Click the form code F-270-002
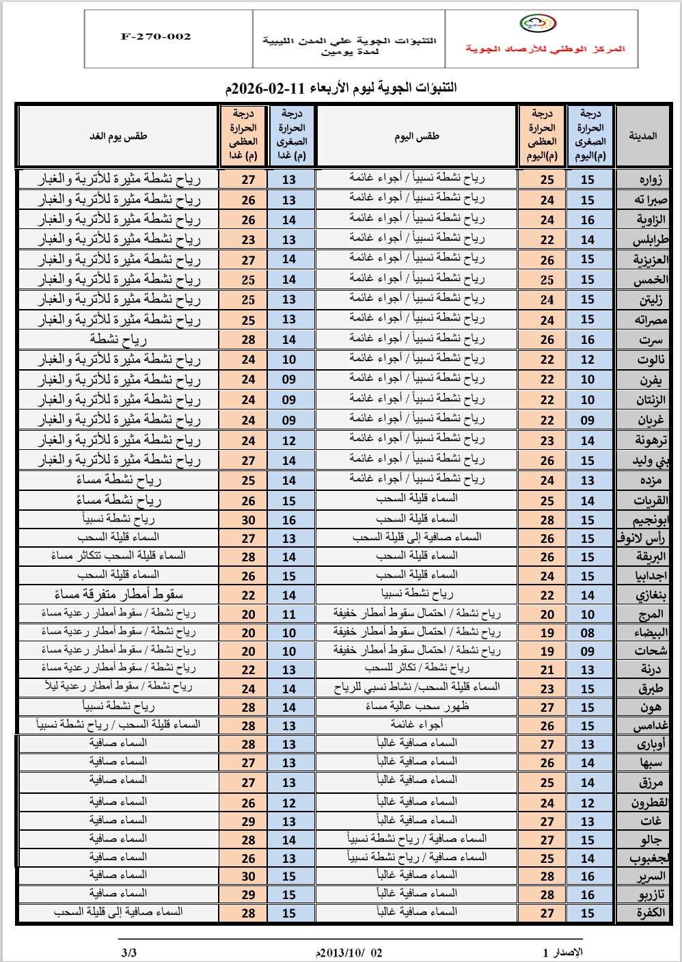coord(156,37)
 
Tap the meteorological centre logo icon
coord(538,24)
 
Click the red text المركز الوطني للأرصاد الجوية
coord(545,49)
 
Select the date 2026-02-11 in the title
coord(267,88)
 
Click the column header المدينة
coord(642,136)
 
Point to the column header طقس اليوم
coord(416,137)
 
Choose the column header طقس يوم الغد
coord(118,136)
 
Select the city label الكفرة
coord(649,913)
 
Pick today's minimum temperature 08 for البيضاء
coord(588,633)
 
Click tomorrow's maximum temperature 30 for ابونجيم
coord(248,520)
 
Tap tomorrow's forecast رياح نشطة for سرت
coord(118,339)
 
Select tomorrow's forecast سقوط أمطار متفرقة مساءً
coord(118,594)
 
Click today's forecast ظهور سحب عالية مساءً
coord(417,706)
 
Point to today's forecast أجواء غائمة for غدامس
coord(417,725)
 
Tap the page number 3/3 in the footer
coord(128,952)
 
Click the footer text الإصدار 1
coord(562,952)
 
